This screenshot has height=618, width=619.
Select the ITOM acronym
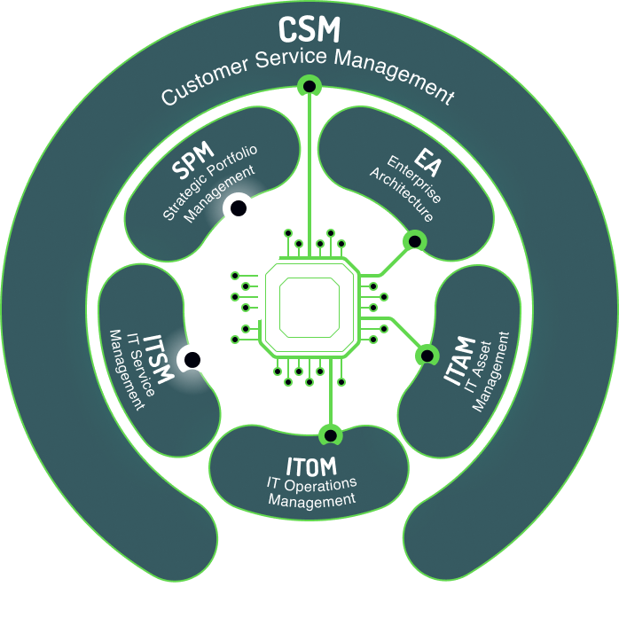311,465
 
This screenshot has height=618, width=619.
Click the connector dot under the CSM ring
309,86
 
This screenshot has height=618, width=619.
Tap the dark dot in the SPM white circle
239,209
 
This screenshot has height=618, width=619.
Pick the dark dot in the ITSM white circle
191,360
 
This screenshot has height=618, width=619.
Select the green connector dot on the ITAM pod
427,355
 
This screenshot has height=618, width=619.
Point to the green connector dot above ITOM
330,434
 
